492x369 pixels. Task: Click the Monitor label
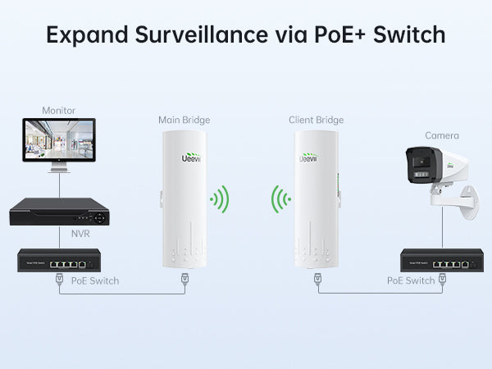click(x=58, y=109)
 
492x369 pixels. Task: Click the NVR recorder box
click(x=59, y=212)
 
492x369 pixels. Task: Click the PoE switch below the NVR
click(x=59, y=262)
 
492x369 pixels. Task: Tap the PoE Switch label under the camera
click(x=410, y=281)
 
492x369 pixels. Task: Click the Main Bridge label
click(x=182, y=121)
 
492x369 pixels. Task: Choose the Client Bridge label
click(x=316, y=121)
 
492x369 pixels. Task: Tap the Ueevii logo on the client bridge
click(x=307, y=154)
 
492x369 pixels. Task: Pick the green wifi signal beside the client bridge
click(x=281, y=198)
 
